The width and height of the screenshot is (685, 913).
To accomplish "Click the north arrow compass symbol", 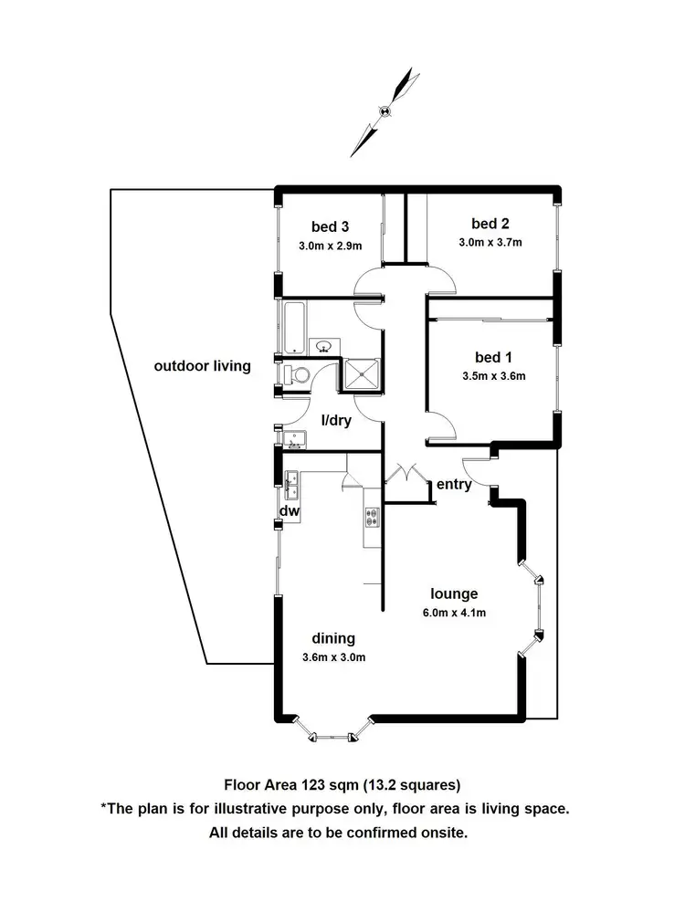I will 385,111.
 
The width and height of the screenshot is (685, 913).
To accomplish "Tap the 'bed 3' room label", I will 330,226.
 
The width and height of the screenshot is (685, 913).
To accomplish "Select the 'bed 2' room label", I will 490,224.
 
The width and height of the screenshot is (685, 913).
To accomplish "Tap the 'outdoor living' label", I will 202,366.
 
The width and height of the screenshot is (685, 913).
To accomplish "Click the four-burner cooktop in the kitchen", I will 372,518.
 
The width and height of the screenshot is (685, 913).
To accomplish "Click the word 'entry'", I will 454,484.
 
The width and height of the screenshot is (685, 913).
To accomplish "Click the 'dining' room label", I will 333,638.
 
